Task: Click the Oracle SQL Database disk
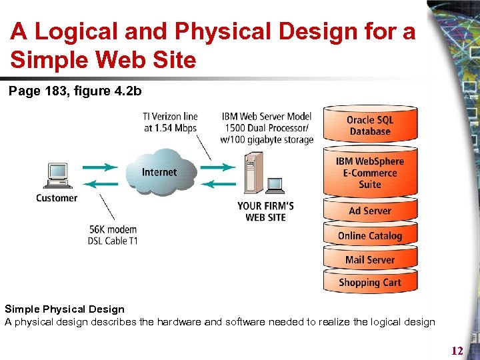pyautogui.click(x=370, y=125)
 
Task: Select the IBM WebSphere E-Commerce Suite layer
pyautogui.click(x=370, y=173)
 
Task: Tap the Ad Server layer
pyautogui.click(x=370, y=211)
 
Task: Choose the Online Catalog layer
pyautogui.click(x=370, y=235)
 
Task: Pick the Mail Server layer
pyautogui.click(x=370, y=259)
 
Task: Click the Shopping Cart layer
pyautogui.click(x=370, y=282)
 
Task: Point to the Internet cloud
pyautogui.click(x=159, y=173)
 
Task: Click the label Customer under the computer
pyautogui.click(x=57, y=198)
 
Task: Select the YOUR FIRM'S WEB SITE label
pyautogui.click(x=265, y=211)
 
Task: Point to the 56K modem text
pyautogui.click(x=114, y=229)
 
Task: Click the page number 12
pyautogui.click(x=457, y=351)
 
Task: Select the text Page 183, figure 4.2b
pyautogui.click(x=75, y=91)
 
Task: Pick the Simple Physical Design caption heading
pyautogui.click(x=65, y=309)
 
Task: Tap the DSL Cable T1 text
pyautogui.click(x=113, y=241)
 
